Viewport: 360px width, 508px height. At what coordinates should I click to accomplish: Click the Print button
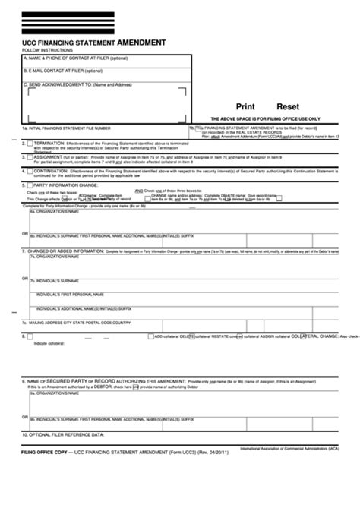coord(245,108)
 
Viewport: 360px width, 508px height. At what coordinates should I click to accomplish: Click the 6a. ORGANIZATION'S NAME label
coord(53,213)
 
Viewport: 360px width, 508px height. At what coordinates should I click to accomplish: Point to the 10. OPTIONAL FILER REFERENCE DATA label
coord(65,435)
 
